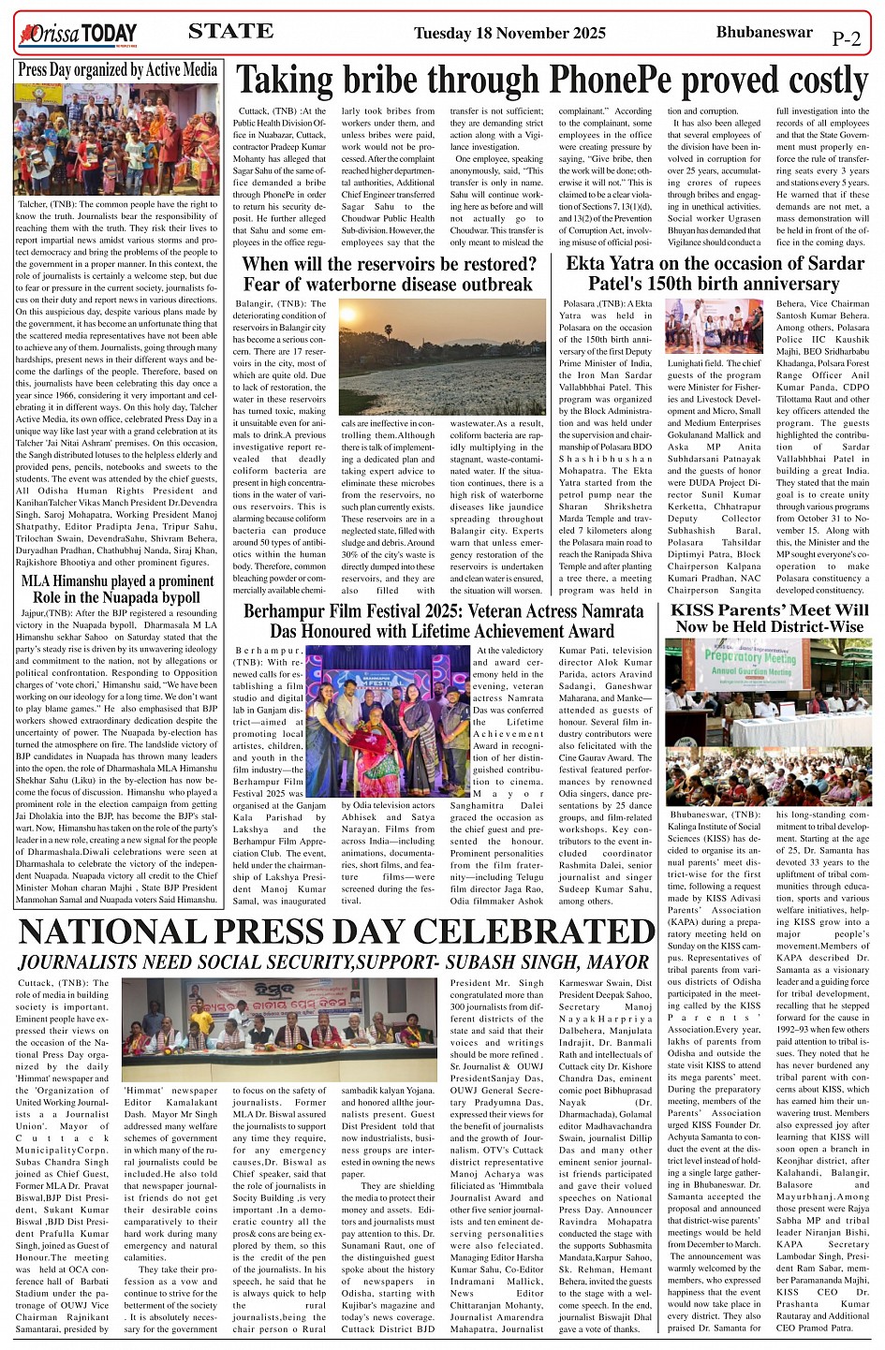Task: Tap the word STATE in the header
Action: (230, 32)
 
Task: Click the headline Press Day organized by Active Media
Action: (117, 69)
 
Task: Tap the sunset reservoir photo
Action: (442, 357)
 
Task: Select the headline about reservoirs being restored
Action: (388, 274)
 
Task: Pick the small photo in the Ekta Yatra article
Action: (715, 327)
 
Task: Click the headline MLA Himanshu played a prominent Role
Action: (117, 589)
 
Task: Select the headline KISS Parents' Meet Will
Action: (770, 610)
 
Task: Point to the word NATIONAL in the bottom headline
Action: (114, 933)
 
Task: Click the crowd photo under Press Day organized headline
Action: (117, 139)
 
